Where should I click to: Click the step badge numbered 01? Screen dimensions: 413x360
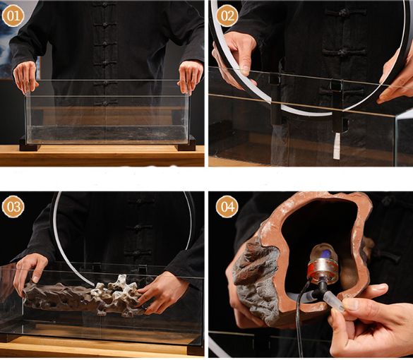[13, 16]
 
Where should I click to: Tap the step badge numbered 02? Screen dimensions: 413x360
[227, 16]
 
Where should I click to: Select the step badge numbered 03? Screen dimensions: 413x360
[13, 207]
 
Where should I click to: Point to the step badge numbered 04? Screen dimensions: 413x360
[227, 207]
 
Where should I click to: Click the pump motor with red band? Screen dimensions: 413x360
[323, 271]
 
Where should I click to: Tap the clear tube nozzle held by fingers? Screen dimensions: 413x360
[334, 301]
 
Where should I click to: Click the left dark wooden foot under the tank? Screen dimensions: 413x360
[30, 143]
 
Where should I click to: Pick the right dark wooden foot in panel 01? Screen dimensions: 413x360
[186, 143]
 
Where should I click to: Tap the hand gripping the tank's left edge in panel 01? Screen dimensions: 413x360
[25, 76]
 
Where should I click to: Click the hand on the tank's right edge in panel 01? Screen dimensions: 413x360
[190, 77]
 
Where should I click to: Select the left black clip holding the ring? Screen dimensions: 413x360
[275, 97]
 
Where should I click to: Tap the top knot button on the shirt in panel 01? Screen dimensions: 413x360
[105, 4]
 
